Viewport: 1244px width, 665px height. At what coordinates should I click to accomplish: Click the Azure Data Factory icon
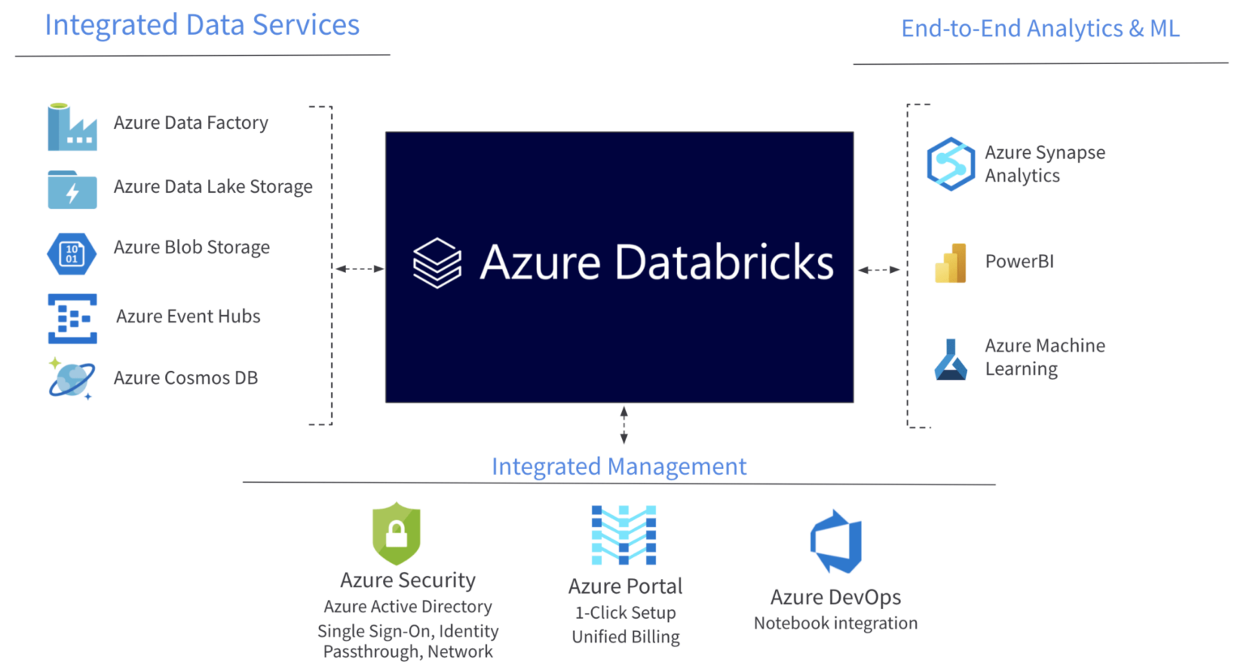(x=72, y=127)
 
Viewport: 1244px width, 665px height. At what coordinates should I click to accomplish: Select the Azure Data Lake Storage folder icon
(x=72, y=190)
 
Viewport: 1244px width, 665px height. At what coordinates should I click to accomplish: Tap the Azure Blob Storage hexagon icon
(x=72, y=254)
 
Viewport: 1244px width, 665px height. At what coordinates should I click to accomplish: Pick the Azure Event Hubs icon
(x=72, y=318)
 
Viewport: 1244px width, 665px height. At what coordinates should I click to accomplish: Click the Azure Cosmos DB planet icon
(x=71, y=378)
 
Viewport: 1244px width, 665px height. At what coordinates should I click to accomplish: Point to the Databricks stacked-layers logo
(x=437, y=262)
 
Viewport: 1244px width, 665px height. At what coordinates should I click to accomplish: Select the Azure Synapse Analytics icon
(x=951, y=164)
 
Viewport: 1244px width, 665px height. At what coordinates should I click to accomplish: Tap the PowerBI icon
(x=951, y=262)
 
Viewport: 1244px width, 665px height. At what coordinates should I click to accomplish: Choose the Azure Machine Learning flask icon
(x=951, y=360)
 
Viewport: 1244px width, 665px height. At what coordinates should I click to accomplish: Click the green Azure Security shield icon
(x=396, y=533)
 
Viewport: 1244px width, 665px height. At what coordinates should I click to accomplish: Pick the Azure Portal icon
(x=624, y=535)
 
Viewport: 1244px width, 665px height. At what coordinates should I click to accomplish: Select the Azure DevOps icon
(x=837, y=541)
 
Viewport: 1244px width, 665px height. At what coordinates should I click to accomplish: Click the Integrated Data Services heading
(x=202, y=25)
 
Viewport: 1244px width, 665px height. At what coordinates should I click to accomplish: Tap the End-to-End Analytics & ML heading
(x=1040, y=28)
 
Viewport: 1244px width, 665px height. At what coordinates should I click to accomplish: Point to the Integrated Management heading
(x=619, y=467)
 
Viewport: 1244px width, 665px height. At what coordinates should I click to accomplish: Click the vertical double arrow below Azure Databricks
(x=624, y=425)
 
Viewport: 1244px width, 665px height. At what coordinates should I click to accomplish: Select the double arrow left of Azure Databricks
(x=360, y=268)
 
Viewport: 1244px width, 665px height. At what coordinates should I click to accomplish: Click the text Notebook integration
(x=836, y=624)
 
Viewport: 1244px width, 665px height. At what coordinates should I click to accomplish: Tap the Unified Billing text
(x=625, y=637)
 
